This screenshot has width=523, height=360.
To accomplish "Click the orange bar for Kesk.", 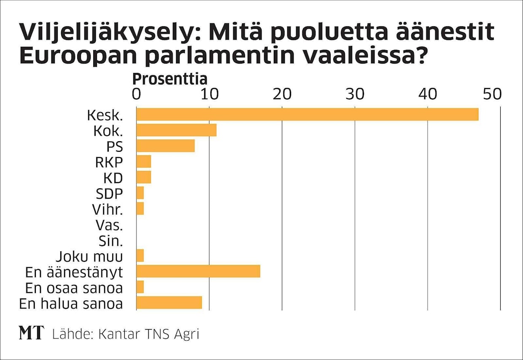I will pyautogui.click(x=307, y=115).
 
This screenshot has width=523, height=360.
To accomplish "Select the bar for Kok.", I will pyautogui.click(x=176, y=130).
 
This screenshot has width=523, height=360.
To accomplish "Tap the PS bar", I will pyautogui.click(x=165, y=146).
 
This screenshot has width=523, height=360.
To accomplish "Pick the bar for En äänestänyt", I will pyautogui.click(x=198, y=271).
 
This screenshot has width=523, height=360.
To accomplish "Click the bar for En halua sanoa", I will pyautogui.click(x=169, y=303).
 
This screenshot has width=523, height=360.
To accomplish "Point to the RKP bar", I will pyautogui.click(x=144, y=161).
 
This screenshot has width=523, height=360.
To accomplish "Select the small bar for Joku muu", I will pyautogui.click(x=140, y=255).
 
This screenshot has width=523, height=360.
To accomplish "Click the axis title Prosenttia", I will pyautogui.click(x=170, y=79).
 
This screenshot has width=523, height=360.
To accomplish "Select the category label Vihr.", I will pyautogui.click(x=107, y=209).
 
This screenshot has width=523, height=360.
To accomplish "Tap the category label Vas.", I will pyautogui.click(x=109, y=225).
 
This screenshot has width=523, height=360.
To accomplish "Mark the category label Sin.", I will pyautogui.click(x=111, y=241).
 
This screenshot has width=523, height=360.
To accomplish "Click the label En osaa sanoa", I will pyautogui.click(x=74, y=288).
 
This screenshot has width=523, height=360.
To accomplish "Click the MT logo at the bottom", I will pyautogui.click(x=31, y=333).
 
